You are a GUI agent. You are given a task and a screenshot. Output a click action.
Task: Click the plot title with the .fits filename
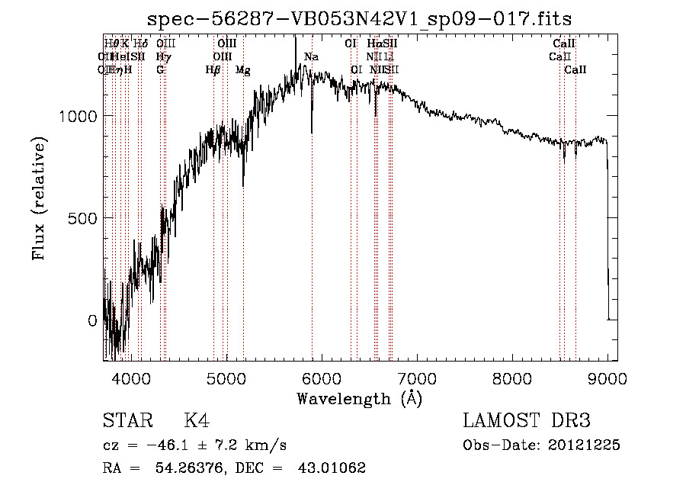click(x=359, y=18)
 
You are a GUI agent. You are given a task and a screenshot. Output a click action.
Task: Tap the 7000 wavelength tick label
click(x=417, y=378)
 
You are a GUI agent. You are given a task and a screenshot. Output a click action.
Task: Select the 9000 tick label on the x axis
click(x=607, y=378)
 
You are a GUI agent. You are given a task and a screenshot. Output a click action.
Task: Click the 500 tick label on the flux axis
click(x=84, y=218)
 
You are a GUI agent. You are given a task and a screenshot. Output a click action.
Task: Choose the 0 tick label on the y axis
click(x=92, y=320)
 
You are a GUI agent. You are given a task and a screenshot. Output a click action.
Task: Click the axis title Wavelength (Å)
click(x=360, y=398)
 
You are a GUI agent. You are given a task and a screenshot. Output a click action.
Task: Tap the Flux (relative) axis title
click(x=39, y=198)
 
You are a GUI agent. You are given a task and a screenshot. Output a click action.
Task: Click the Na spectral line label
click(x=311, y=56)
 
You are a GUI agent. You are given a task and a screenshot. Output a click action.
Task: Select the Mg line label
click(x=243, y=69)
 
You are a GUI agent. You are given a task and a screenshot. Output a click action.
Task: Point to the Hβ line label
click(x=213, y=69)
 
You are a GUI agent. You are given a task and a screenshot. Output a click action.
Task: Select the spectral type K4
click(x=197, y=421)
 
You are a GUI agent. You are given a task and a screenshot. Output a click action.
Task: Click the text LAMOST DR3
click(x=526, y=421)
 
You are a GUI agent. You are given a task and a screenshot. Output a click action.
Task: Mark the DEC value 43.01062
click(x=332, y=468)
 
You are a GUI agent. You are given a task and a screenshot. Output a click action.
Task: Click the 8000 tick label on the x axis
click(x=512, y=378)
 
